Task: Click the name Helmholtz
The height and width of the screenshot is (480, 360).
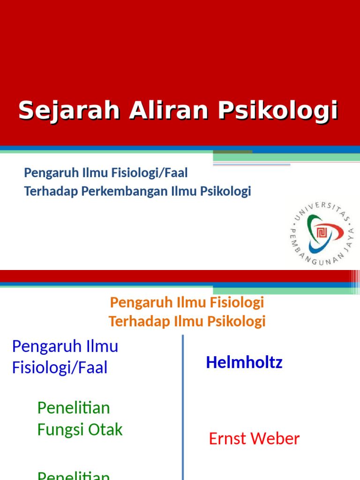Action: click(x=244, y=362)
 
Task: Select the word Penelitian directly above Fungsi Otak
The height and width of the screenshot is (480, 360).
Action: click(x=74, y=408)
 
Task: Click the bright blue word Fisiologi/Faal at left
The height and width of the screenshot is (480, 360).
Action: click(x=60, y=367)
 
